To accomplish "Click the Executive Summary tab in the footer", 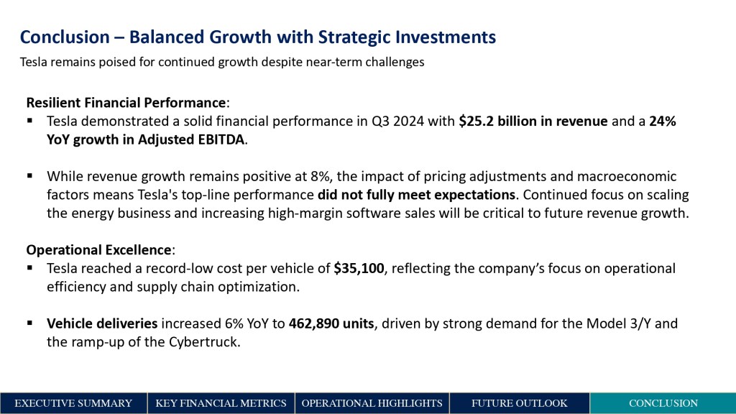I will pos(73,403).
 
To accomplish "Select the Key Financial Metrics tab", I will pos(221,403).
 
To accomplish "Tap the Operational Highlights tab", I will pos(372,403).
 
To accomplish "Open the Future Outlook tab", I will pos(519,403).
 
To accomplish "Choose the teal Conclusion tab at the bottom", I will pos(663,403).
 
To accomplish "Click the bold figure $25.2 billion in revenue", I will pos(533,121).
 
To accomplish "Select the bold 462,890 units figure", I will pos(331,323).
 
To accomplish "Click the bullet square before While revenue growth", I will pos(30,175).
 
